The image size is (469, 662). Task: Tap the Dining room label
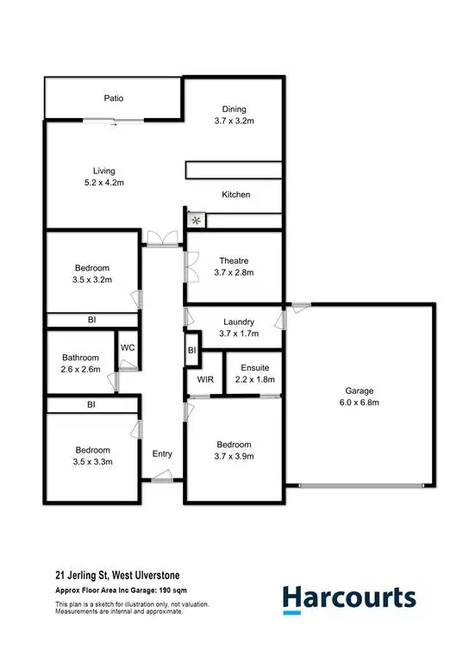(234, 109)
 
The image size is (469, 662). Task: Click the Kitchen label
(235, 195)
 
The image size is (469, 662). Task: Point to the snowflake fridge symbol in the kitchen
(196, 221)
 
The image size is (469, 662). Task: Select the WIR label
(205, 379)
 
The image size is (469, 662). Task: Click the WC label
(127, 347)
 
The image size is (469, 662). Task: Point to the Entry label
(162, 453)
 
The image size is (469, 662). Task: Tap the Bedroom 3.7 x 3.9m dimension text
(234, 457)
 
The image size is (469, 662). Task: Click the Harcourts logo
(349, 598)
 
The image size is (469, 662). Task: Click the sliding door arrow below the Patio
(114, 124)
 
